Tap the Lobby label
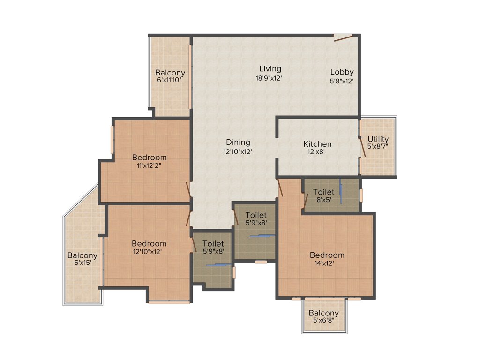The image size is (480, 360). pos(342,72)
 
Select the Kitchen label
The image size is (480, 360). pos(317,144)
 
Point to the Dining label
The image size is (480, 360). pos(238,142)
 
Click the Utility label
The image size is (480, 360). pos(378,139)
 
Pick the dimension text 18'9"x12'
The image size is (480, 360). pos(269,78)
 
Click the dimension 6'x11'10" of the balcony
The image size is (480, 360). pos(170,80)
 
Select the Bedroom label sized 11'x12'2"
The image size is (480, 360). pos(149,157)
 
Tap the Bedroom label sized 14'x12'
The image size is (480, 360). pos(327,255)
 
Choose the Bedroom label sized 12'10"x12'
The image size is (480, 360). pos(149,243)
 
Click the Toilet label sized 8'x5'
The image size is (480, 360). pos(324,192)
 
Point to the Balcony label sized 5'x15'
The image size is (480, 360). pos(82,255)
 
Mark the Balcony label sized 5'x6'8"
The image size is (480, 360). pos(323,313)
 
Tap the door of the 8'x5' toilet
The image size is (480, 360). pos(306,201)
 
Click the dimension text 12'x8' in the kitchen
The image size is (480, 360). pos(317,152)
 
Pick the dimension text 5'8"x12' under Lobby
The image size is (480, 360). pos(342,81)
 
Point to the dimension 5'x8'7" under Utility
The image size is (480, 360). pos(378,147)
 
